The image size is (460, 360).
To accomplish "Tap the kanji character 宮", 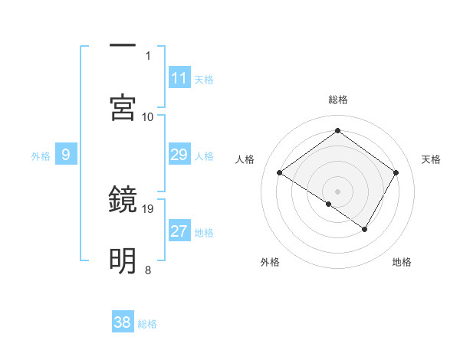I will coord(123,107).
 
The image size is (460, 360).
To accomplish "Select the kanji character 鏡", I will coord(123,199).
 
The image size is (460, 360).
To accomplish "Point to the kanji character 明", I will coord(123,261).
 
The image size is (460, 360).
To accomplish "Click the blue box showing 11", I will coord(179,78).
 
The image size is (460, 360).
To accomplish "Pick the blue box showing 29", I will coord(179,155).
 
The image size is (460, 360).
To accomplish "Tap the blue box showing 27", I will coord(179,231).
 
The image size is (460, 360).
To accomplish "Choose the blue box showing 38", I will coord(123,322).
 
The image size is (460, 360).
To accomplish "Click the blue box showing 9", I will coord(66,155).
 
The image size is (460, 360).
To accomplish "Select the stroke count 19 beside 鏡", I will coord(149,208).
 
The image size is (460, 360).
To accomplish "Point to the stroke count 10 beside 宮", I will coord(148,116).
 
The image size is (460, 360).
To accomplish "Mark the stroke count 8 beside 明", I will coord(148,270).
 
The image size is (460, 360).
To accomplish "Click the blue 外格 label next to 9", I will coord(41,156).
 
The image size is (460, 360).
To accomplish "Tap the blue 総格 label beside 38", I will coord(147,323).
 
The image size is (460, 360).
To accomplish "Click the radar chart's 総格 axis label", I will coord(337,100).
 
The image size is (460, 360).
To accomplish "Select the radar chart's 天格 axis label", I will coord(432,159).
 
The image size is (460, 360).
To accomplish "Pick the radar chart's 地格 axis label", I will coord(402,263).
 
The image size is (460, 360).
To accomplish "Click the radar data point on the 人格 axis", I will coord(280,173).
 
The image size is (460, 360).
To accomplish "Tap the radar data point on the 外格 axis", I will coord(329,204).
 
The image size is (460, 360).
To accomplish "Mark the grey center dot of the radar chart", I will coord(337,191).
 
